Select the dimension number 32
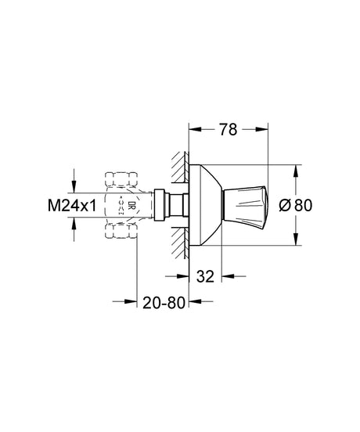pyautogui.click(x=207, y=275)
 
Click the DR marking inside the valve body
pyautogui.click(x=132, y=206)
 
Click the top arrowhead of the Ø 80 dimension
pyautogui.click(x=296, y=169)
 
